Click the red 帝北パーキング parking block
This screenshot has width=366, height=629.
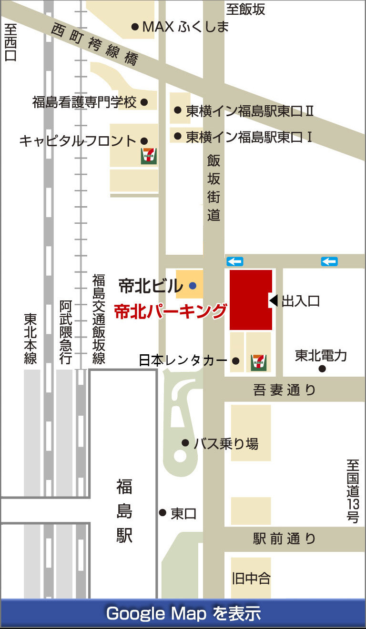tap(251, 300)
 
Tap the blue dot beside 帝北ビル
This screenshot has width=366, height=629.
tap(192, 286)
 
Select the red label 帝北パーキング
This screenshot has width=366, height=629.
tap(170, 311)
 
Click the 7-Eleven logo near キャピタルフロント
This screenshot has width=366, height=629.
tap(149, 157)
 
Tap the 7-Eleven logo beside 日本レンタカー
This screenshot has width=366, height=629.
tap(259, 363)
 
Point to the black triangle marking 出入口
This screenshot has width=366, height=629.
tap(274, 300)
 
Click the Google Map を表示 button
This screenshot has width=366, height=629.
tap(183, 613)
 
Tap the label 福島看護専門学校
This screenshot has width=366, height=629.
tap(84, 102)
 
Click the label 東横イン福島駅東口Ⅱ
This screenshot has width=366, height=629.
tap(249, 111)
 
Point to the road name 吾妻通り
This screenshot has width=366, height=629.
tap(285, 390)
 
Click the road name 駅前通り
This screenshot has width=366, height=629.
tap(285, 539)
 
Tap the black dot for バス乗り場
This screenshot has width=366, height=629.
tap(185, 443)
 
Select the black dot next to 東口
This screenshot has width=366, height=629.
tap(163, 513)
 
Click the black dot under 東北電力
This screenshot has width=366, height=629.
tap(322, 369)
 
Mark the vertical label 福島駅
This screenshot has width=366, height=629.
tap(124, 512)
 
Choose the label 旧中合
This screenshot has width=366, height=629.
tap(251, 579)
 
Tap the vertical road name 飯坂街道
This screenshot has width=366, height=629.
tap(213, 188)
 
